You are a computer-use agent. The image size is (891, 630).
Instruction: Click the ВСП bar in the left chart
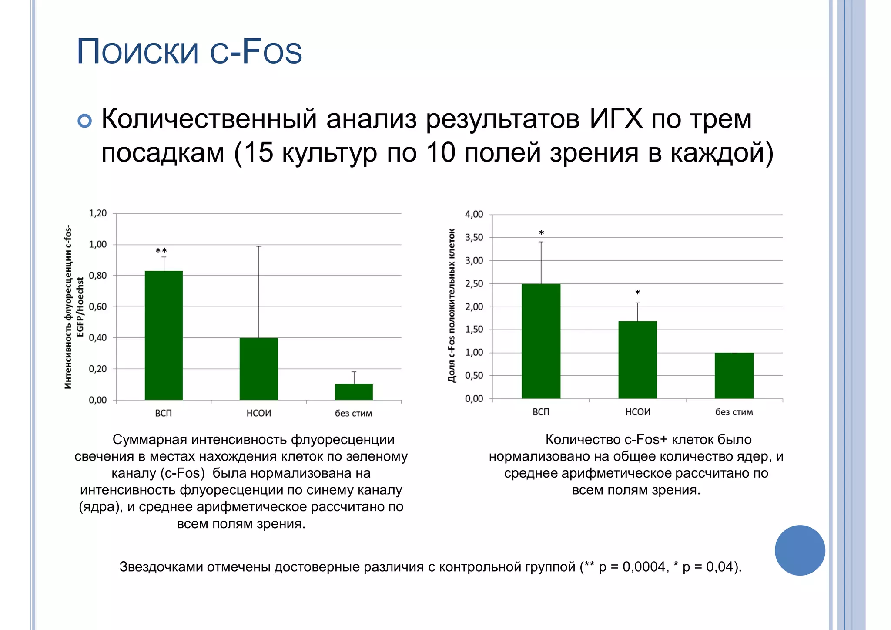pyautogui.click(x=164, y=335)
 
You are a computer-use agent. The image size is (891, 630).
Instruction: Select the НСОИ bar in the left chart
pyautogui.click(x=258, y=369)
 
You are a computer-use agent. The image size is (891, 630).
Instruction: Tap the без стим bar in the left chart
pyautogui.click(x=354, y=391)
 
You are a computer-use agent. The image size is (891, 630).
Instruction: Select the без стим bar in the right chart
pyautogui.click(x=734, y=375)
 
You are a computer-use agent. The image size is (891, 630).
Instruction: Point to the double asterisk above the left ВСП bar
pyautogui.click(x=161, y=251)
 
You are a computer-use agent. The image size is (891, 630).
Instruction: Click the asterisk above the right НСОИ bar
pyautogui.click(x=637, y=293)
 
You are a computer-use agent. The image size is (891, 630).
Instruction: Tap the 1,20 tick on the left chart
pyautogui.click(x=98, y=213)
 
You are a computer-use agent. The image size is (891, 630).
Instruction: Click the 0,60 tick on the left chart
pyautogui.click(x=98, y=307)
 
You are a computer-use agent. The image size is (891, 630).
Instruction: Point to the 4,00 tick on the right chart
pyautogui.click(x=474, y=214)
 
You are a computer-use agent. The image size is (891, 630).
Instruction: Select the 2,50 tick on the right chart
pyautogui.click(x=474, y=283)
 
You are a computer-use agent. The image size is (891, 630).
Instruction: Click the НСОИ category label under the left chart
pyautogui.click(x=258, y=413)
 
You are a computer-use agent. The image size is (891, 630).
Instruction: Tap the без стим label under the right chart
pyautogui.click(x=734, y=412)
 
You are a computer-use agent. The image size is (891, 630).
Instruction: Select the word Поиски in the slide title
pyautogui.click(x=137, y=52)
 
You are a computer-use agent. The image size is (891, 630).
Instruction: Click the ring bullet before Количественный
pyautogui.click(x=85, y=121)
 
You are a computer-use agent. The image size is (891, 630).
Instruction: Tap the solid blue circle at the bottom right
pyautogui.click(x=800, y=550)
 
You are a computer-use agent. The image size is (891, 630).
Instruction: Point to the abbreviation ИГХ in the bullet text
pyautogui.click(x=616, y=118)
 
